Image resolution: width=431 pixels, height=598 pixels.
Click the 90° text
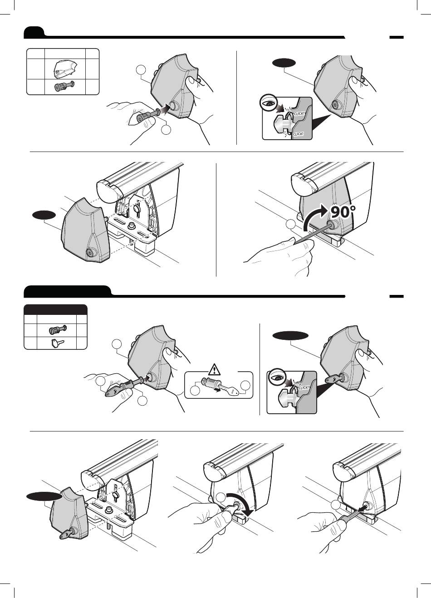pyautogui.click(x=343, y=212)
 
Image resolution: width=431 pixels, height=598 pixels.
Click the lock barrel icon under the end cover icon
pyautogui.click(x=64, y=87)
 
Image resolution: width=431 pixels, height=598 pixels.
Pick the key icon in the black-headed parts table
pyautogui.click(x=56, y=343)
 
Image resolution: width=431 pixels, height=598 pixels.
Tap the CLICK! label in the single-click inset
pyautogui.click(x=304, y=387)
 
